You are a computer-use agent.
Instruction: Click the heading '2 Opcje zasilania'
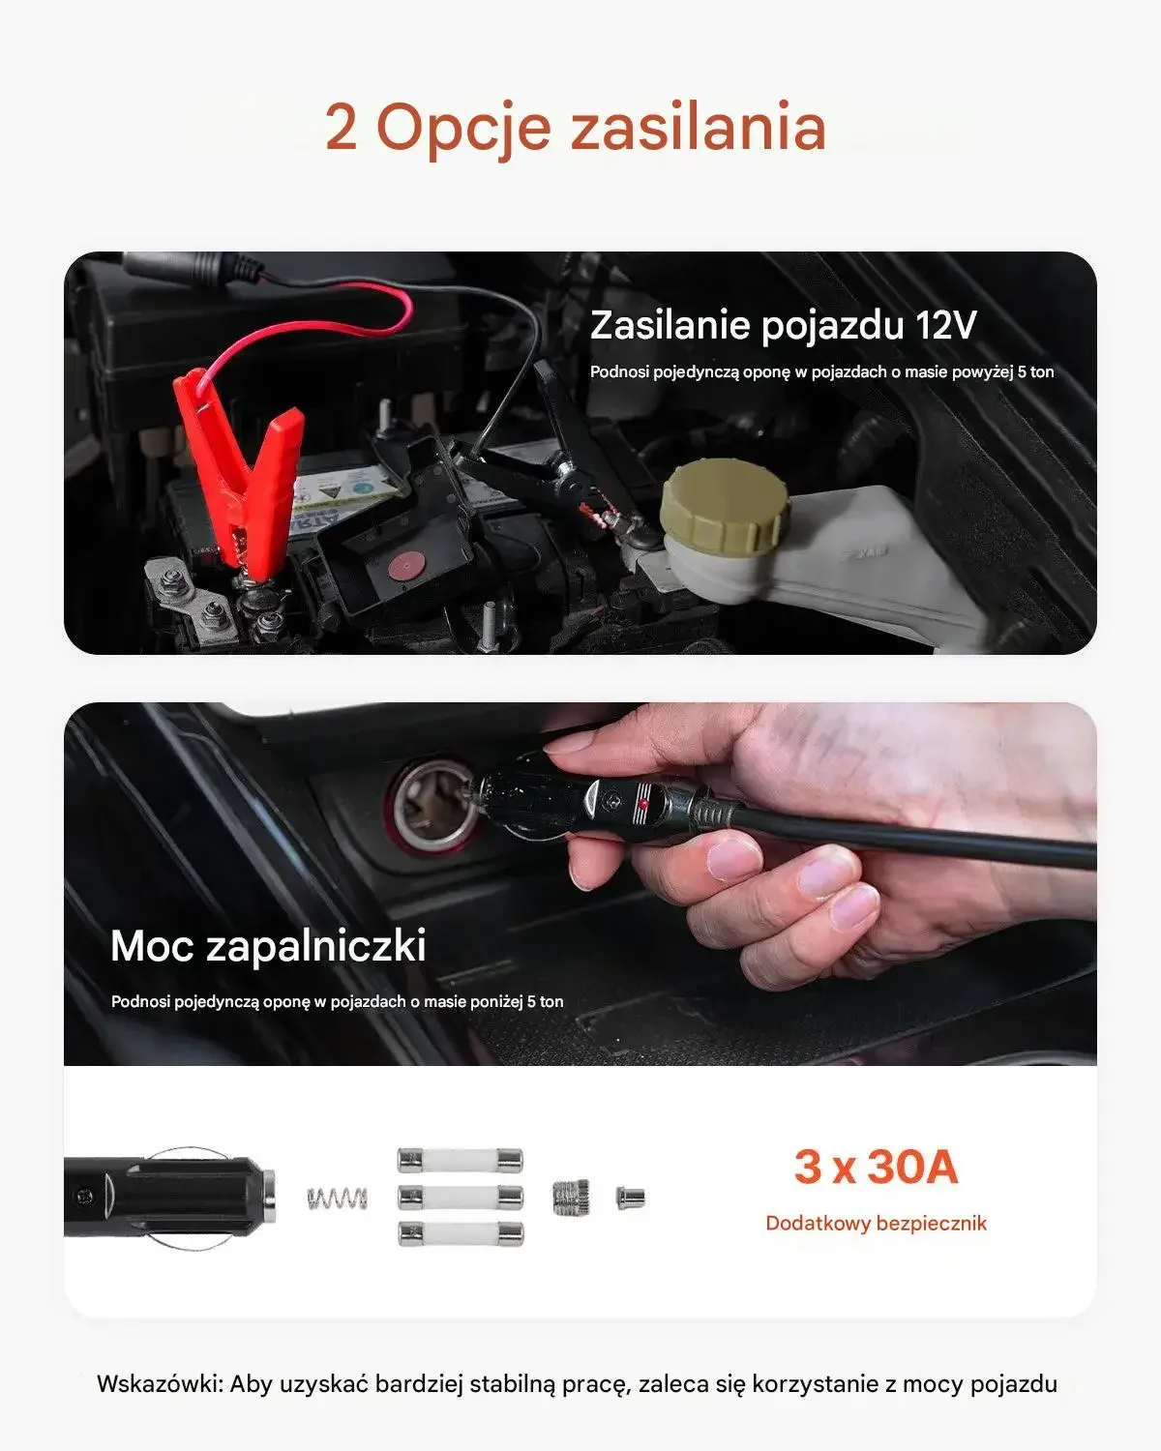[x=576, y=128]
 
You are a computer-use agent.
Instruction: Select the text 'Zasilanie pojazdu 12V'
[x=784, y=325]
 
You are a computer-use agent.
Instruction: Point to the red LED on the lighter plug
[x=643, y=803]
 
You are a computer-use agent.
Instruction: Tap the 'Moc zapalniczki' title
[x=269, y=945]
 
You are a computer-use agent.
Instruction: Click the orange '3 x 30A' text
[x=876, y=1167]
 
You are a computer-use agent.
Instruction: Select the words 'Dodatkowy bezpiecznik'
[x=876, y=1223]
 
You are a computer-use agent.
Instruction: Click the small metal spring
[x=338, y=1198]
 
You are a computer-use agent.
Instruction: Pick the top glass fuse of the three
[x=461, y=1161]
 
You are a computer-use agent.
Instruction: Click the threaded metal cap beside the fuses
[x=572, y=1198]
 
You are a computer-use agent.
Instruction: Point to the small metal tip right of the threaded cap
[x=630, y=1198]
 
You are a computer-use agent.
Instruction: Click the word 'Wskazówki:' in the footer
[x=160, y=1383]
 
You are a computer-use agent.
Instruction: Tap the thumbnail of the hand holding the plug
[x=580, y=884]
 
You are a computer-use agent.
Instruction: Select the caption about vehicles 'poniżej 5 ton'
[x=338, y=1002]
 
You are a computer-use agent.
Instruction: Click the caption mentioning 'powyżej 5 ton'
[x=821, y=372]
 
